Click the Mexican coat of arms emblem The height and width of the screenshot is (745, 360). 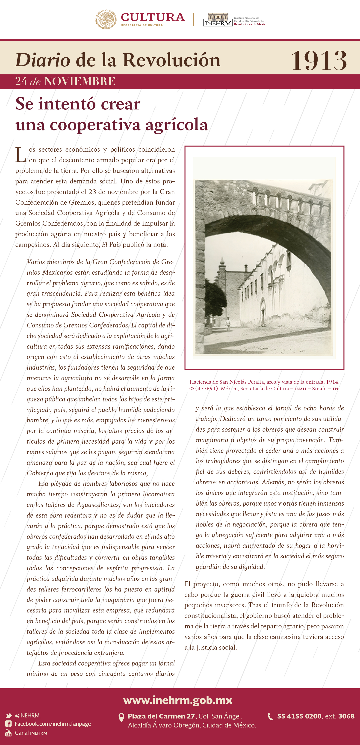tap(106, 19)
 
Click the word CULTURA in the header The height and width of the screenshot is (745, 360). tap(153, 17)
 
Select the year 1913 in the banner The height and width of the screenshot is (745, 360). tap(319, 60)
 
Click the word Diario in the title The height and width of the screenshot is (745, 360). tap(42, 60)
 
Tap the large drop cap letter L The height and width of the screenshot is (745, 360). tap(21, 155)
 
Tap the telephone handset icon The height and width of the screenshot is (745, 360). tap(270, 716)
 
